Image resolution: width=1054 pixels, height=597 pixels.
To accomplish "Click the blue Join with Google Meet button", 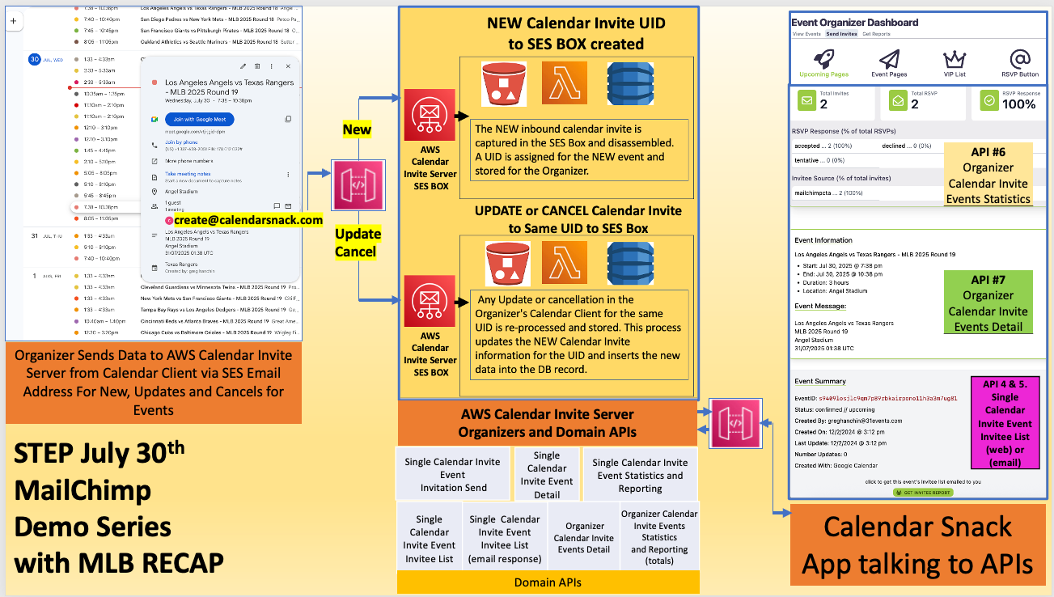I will click(200, 119).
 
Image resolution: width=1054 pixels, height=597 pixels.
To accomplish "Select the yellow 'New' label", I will click(357, 129).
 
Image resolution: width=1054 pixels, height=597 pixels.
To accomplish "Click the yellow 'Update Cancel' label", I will click(358, 243).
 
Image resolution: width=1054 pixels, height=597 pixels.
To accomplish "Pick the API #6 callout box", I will click(988, 176).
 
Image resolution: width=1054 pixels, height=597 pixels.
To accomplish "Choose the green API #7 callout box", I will click(988, 303).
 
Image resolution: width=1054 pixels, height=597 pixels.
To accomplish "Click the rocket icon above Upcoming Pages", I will click(823, 58).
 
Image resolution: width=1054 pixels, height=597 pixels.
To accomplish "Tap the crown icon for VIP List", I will click(955, 59).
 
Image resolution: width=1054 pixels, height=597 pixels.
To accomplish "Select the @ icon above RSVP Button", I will click(1020, 58).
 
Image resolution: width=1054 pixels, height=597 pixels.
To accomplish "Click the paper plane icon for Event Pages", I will click(889, 59).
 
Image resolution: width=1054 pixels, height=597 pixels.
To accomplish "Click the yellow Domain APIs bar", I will click(548, 582).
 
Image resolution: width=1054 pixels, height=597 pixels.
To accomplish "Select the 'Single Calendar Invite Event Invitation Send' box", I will click(453, 475).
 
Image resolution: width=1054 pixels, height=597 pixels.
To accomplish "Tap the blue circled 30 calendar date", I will click(34, 59).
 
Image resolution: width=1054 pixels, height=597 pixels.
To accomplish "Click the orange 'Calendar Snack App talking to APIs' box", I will click(917, 545).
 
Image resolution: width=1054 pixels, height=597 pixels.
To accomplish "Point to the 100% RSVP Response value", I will click(1018, 104).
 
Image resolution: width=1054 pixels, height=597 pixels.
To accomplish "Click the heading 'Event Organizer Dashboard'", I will click(854, 23).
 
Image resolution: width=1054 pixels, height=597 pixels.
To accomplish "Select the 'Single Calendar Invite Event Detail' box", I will click(547, 475).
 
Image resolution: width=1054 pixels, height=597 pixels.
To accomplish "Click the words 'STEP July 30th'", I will click(99, 453).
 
